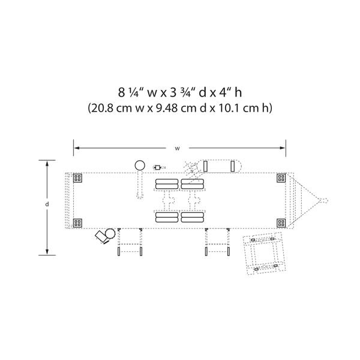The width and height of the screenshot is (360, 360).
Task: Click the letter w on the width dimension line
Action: click(x=177, y=149)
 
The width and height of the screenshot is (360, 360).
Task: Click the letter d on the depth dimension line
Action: click(x=47, y=204)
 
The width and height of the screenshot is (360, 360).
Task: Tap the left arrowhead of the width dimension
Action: click(x=77, y=148)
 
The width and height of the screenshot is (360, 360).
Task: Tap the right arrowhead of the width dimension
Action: click(x=283, y=148)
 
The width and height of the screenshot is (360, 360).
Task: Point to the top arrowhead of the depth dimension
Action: click(x=47, y=163)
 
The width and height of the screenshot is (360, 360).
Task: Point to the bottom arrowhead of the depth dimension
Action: click(x=47, y=252)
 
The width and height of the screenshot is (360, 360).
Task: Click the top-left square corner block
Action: click(x=77, y=178)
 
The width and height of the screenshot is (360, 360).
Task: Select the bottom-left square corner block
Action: click(x=77, y=223)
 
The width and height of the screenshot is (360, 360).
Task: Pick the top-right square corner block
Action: click(x=281, y=178)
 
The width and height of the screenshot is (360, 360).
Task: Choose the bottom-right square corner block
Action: click(x=281, y=223)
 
